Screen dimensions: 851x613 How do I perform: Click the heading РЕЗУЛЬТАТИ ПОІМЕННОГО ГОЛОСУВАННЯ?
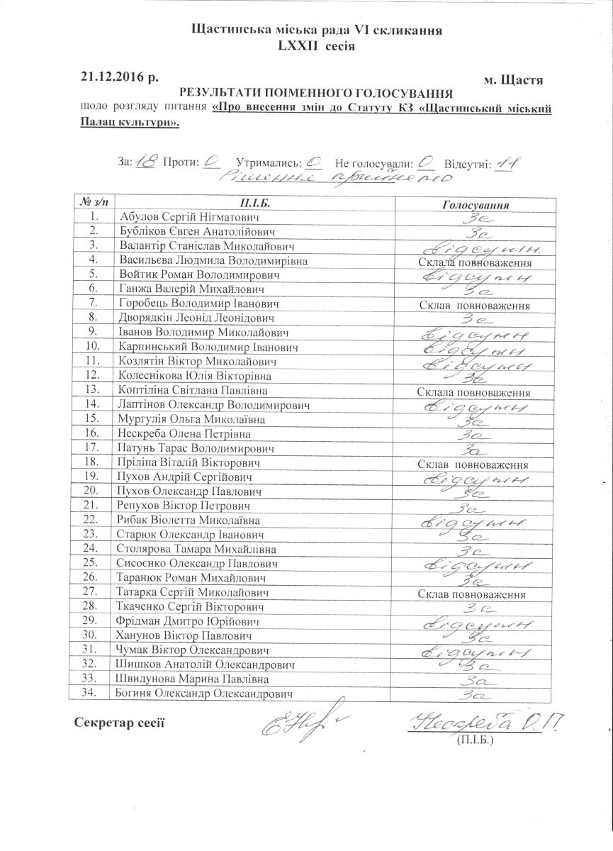click(x=316, y=93)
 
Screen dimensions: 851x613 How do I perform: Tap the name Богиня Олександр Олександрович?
click(x=206, y=693)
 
